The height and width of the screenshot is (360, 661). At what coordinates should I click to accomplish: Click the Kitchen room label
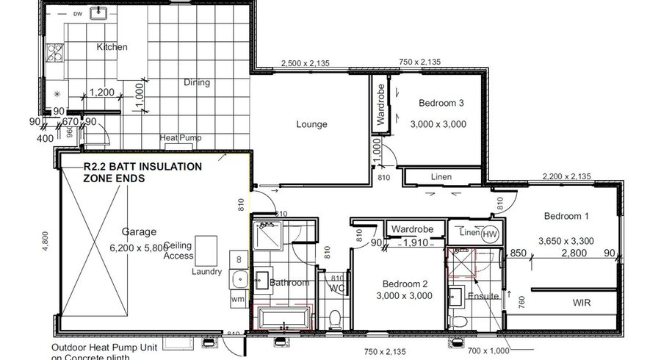[x=112, y=47]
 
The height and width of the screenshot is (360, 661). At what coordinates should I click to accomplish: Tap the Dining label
[x=197, y=82]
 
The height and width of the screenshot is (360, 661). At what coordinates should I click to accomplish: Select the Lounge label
[x=311, y=124]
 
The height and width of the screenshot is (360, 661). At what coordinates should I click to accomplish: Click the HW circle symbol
[x=490, y=234]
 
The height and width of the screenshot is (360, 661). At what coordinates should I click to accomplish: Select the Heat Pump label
[x=181, y=138]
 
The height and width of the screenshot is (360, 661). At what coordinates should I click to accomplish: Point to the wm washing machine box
[x=237, y=300]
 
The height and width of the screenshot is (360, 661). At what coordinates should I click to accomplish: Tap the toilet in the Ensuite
[x=460, y=320]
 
